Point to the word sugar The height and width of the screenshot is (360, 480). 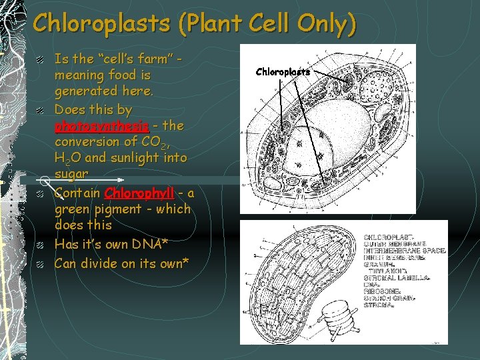[x=71, y=174]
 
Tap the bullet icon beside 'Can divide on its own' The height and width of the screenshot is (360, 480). [x=41, y=264]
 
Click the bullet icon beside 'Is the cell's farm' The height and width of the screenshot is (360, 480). [x=41, y=60]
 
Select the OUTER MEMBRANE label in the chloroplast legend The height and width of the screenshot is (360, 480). [x=393, y=243]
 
